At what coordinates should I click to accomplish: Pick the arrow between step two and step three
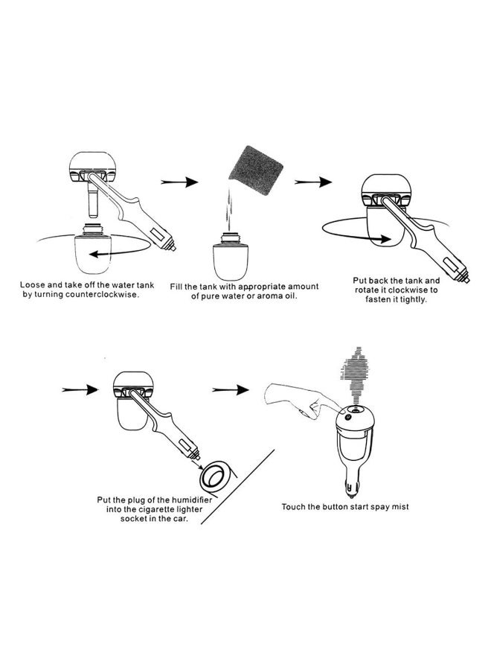point(312,181)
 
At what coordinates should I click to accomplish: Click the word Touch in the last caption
point(294,507)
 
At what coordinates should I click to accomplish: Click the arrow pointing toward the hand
point(231,390)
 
